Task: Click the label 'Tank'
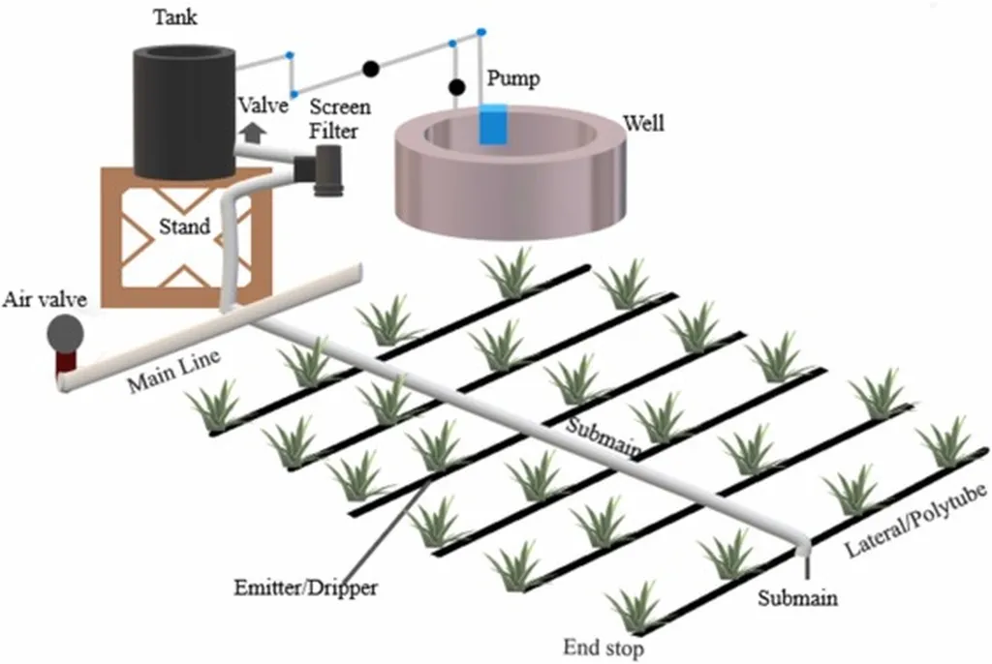(x=174, y=18)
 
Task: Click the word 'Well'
(x=644, y=124)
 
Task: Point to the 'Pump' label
(x=512, y=77)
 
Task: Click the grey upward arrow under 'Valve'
(x=254, y=131)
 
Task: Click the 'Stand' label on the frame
(x=184, y=227)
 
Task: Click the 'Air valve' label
(x=44, y=299)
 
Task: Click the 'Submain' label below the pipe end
(x=797, y=597)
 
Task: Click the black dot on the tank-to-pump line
(x=370, y=69)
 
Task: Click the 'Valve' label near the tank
(x=263, y=106)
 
